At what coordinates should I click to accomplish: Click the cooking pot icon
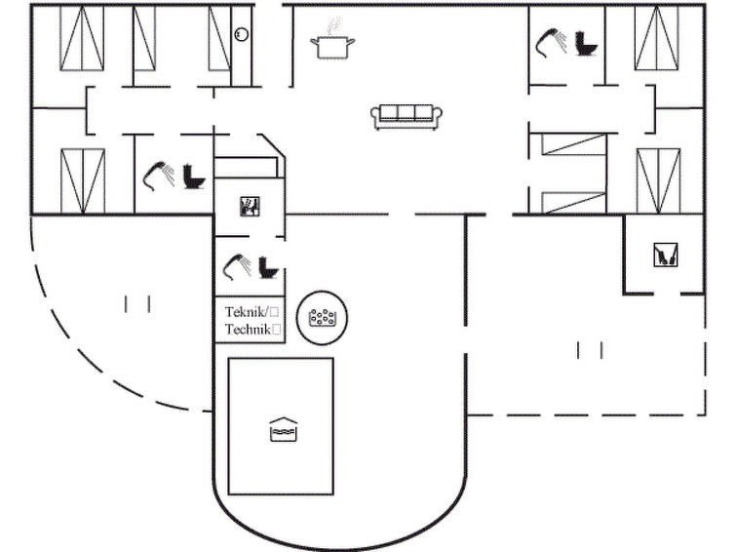[332, 46]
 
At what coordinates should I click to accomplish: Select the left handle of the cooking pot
[315, 43]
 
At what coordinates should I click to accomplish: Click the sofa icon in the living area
[407, 116]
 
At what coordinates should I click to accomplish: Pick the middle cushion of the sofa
[407, 113]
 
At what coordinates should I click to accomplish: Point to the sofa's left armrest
[376, 116]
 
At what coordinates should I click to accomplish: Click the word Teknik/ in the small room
[247, 312]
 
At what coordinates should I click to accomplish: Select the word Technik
[248, 330]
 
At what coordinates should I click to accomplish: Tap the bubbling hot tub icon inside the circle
[322, 318]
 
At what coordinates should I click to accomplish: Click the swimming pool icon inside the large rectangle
[284, 429]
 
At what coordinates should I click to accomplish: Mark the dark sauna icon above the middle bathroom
[250, 207]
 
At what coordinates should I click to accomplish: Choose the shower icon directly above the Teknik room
[238, 267]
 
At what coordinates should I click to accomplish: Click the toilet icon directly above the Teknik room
[268, 268]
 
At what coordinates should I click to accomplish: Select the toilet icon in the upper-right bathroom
[586, 44]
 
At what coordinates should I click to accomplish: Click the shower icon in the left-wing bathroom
[159, 177]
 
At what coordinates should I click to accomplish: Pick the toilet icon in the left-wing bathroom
[194, 177]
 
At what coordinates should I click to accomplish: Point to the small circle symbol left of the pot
[241, 34]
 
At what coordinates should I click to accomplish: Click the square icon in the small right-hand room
[666, 256]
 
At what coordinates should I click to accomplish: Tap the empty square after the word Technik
[277, 330]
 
